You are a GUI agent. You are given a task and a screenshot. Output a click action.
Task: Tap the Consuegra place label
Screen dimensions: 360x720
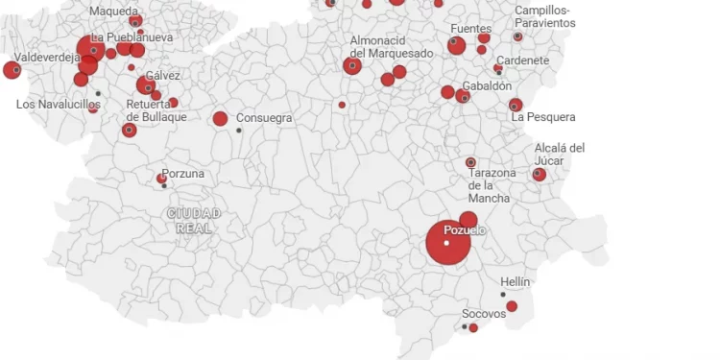264,118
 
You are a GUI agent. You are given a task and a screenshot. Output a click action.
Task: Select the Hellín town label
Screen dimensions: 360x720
515,281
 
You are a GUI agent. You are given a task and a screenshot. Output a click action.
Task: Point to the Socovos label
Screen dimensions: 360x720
484,314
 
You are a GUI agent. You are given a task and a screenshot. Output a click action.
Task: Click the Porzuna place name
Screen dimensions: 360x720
182,175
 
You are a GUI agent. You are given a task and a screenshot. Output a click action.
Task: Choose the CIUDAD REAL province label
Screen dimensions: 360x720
194,221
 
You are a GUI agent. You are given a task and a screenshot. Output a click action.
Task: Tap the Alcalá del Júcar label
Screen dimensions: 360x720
560,154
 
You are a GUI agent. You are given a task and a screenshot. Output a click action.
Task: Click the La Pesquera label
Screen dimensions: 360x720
543,117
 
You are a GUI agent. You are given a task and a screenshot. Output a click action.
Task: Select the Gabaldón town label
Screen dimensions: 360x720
487,85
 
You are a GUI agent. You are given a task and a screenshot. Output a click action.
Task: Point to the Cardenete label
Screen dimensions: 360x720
523,60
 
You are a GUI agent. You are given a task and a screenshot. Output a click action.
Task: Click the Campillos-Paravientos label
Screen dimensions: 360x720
545,16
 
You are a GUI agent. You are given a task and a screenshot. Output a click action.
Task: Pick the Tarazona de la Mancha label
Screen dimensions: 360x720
490,185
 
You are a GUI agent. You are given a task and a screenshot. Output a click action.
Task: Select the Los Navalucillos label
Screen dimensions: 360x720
59,104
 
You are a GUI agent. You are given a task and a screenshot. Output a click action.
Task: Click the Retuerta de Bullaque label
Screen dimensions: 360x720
156,110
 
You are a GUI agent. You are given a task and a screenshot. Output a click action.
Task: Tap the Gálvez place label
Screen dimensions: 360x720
163,76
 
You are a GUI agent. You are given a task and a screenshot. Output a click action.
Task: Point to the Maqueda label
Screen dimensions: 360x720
113,12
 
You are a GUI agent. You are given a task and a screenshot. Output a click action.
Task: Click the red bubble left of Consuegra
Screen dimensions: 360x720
220,119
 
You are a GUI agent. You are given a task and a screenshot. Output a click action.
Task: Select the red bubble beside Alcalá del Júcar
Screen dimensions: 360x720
540,175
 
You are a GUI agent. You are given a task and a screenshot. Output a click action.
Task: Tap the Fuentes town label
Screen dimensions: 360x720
470,30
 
